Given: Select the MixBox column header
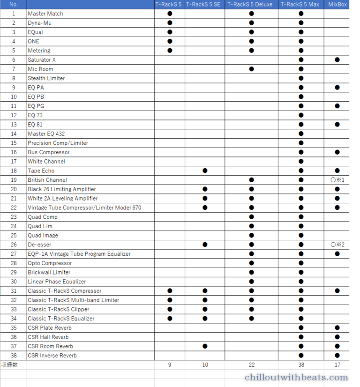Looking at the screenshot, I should [337, 5].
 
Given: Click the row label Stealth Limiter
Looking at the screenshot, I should [46, 78].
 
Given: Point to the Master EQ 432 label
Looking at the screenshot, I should [46, 134].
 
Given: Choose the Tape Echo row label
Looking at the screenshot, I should [41, 171].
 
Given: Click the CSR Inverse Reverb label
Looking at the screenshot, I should [52, 356].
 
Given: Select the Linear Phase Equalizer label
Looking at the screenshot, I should [57, 282].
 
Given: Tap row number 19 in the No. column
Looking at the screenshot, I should [14, 180].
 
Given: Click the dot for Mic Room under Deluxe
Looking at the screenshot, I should [251, 69].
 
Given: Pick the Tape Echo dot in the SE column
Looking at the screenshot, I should [205, 171].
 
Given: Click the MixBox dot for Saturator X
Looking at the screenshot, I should [337, 60].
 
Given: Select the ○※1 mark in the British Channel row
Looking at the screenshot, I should [337, 180].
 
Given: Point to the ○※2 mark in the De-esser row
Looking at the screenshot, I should [337, 245].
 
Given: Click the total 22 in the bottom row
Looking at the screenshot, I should [251, 365].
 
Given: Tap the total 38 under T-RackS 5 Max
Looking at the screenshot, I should [301, 365].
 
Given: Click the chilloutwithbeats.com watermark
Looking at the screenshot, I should [296, 378].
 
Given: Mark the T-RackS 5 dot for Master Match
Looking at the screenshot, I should [170, 14].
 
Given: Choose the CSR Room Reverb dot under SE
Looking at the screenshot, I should [205, 346].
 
